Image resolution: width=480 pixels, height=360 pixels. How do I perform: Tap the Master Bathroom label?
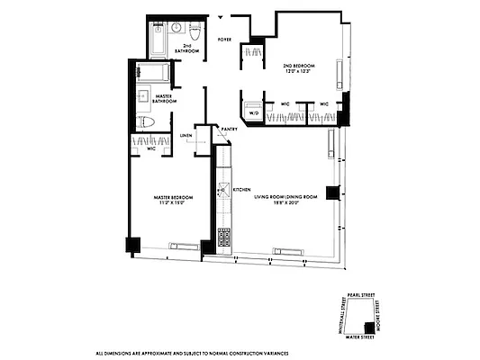pos(163,99)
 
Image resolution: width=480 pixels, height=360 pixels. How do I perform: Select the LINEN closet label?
pos(186,136)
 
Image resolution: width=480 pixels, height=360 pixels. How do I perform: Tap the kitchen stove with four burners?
pos(222,238)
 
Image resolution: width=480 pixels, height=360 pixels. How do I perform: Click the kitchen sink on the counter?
pos(222,191)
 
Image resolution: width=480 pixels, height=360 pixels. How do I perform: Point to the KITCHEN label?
pos(241,190)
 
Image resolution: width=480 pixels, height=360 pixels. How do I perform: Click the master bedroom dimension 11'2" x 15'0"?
pos(167,204)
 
